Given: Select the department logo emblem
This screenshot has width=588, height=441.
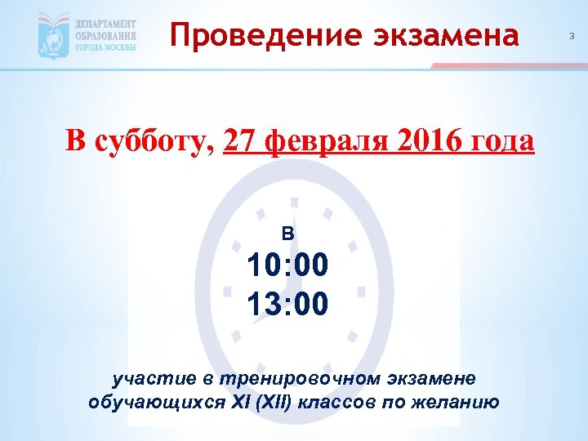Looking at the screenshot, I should pyautogui.click(x=54, y=36).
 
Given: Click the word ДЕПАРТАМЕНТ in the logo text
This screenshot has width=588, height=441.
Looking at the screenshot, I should pyautogui.click(x=106, y=24).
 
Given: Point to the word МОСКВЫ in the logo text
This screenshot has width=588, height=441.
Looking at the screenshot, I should pyautogui.click(x=120, y=47).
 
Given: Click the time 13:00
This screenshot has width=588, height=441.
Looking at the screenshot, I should pyautogui.click(x=287, y=304).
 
